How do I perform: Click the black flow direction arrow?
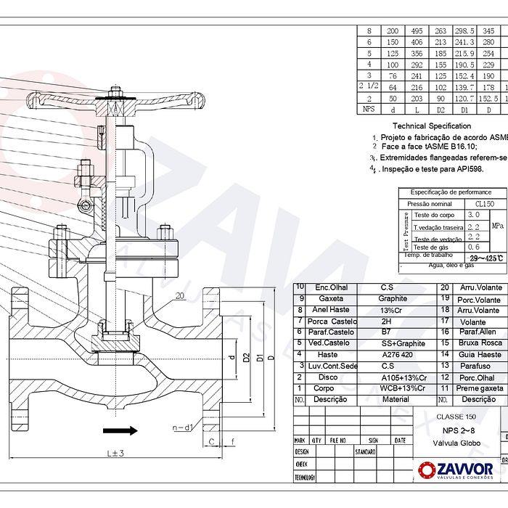coord(120,430)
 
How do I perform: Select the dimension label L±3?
coord(114,453)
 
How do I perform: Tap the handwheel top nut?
coord(115,91)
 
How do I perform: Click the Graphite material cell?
coord(392,298)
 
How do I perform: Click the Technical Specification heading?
coord(432,126)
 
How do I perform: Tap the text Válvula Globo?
coord(455,442)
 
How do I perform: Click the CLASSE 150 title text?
coord(456,417)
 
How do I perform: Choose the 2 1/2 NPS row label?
coord(369,86)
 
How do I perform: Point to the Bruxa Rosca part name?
coord(480,343)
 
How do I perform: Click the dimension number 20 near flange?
coord(180,295)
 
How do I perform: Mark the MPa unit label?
coord(498,226)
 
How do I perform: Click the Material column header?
coord(395,399)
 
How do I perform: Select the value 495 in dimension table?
coord(417,31)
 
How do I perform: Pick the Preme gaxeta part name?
coord(480,388)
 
